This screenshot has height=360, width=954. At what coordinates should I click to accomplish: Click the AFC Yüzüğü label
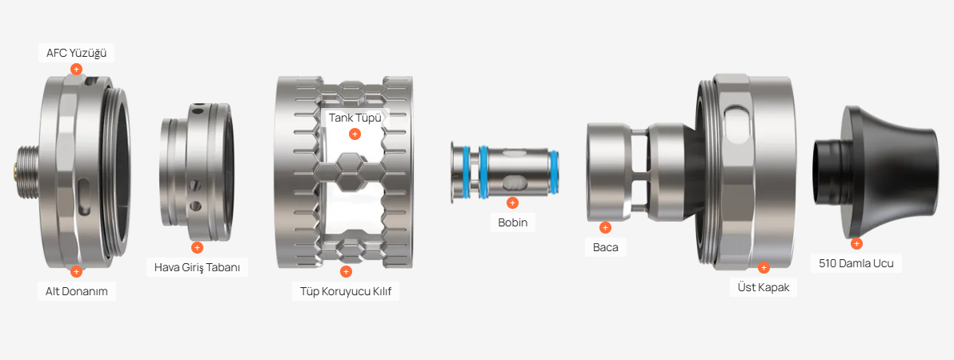pos(77,54)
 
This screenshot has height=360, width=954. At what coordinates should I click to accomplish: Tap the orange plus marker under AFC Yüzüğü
pos(76,70)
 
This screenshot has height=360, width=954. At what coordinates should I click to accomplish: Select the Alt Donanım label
pos(77,291)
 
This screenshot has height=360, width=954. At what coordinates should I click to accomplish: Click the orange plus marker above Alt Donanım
pos(76,272)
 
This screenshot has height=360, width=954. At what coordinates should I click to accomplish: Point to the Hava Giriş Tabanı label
pos(197,267)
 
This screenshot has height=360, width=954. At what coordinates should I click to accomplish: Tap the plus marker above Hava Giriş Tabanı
pos(197,247)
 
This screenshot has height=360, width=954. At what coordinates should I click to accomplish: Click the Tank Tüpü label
pos(355,118)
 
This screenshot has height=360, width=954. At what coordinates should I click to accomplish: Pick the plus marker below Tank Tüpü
pos(355,134)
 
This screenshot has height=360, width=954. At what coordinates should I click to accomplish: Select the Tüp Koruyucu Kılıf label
pos(346,291)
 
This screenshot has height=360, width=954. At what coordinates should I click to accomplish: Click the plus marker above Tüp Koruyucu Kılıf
pos(346,272)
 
